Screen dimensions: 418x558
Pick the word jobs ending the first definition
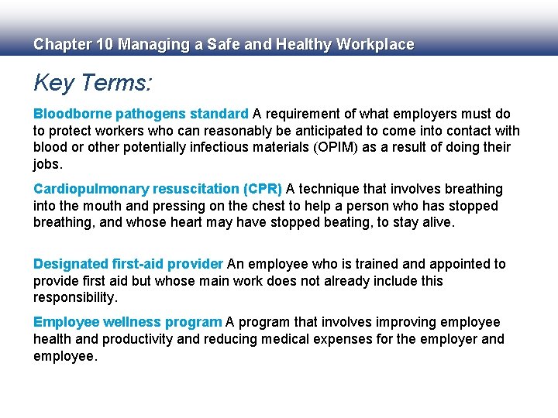click(x=48, y=164)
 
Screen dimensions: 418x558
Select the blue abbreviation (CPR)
click(x=263, y=189)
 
